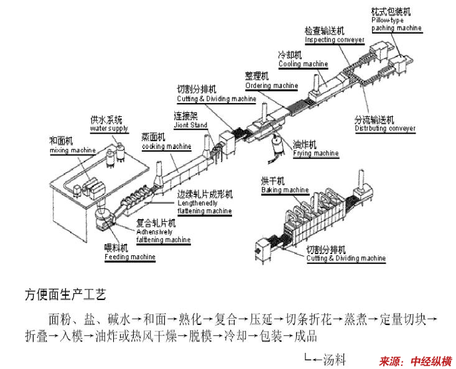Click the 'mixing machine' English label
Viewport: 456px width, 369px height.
(73, 150)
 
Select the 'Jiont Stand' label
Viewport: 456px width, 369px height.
(190, 125)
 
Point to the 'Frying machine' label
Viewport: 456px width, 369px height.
(316, 153)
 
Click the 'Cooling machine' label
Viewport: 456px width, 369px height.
(303, 64)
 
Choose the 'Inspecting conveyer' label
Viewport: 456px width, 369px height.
(334, 39)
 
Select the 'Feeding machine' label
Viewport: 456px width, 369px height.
(129, 257)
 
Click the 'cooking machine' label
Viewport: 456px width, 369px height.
(166, 147)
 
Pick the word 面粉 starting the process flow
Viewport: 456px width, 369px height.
(60, 320)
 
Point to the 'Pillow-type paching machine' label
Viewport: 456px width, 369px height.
(396, 24)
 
